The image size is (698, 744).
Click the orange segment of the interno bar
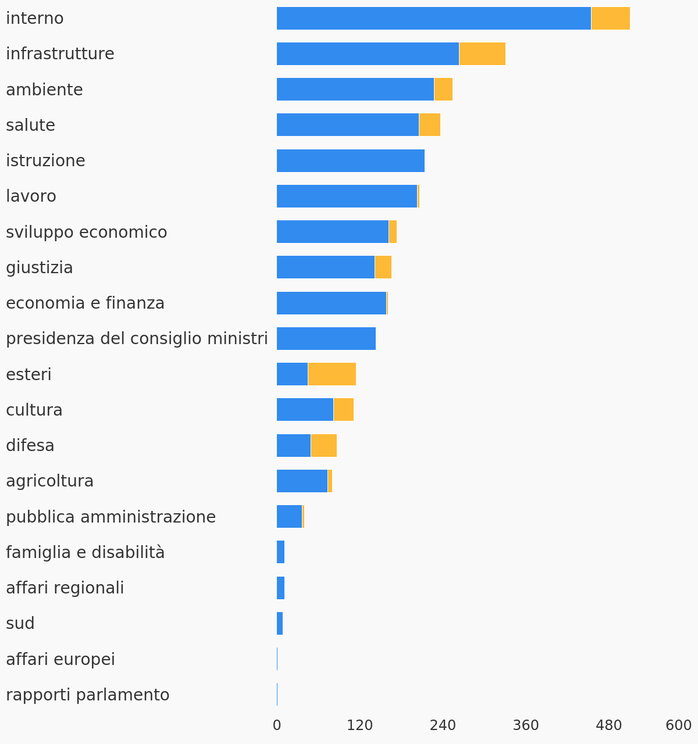pyautogui.click(x=610, y=18)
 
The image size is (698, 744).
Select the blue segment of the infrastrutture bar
pyautogui.click(x=368, y=53)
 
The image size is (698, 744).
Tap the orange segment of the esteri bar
pyautogui.click(x=332, y=374)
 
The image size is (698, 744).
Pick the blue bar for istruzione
pyautogui.click(x=351, y=160)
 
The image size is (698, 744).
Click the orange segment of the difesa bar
pyautogui.click(x=323, y=445)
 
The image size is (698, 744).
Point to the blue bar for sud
pyautogui.click(x=280, y=623)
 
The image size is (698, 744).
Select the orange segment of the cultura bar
pyautogui.click(x=344, y=409)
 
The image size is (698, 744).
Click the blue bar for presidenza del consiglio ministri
pyautogui.click(x=326, y=339)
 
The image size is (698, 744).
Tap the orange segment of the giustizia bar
pyautogui.click(x=383, y=267)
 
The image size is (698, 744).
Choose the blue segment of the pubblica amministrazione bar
pyautogui.click(x=289, y=517)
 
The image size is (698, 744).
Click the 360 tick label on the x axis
pyautogui.click(x=526, y=725)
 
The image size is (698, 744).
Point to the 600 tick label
pyautogui.click(x=678, y=725)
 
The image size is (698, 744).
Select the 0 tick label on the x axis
pyautogui.click(x=277, y=725)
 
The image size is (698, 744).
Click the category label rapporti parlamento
pyautogui.click(x=88, y=695)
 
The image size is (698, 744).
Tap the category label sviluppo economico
pyautogui.click(x=87, y=233)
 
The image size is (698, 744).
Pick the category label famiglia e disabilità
pyautogui.click(x=86, y=552)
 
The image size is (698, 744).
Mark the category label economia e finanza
pyautogui.click(x=85, y=303)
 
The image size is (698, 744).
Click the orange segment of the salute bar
pyautogui.click(x=429, y=125)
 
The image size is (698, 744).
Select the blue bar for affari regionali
pyautogui.click(x=280, y=588)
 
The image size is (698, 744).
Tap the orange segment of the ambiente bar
pyautogui.click(x=443, y=89)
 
